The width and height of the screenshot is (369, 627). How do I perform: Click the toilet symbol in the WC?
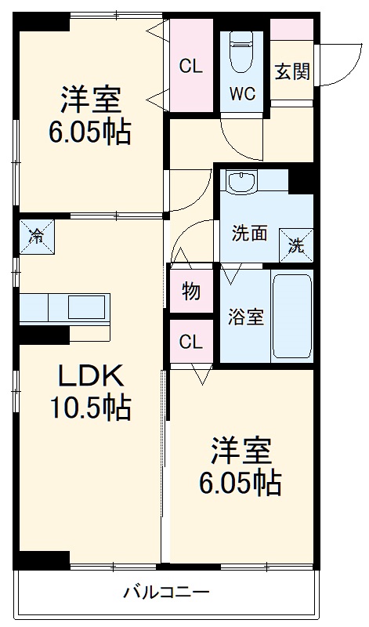241,52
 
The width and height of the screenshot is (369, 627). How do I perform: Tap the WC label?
242,94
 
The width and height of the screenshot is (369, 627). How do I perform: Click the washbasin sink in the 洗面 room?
241,182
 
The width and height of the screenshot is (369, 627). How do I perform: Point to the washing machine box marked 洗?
296,245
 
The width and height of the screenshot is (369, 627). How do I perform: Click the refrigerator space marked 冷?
37,237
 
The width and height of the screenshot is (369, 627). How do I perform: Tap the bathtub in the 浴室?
292,316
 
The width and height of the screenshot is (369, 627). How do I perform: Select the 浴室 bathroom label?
246,317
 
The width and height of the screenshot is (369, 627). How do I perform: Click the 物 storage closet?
191,291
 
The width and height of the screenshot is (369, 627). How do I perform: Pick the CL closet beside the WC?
191,66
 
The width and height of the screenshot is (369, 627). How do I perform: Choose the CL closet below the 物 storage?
191,341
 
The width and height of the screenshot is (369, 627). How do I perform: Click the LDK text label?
91,376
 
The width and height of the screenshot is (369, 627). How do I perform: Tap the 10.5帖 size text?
91,407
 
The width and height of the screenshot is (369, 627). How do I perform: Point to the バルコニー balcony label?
166,592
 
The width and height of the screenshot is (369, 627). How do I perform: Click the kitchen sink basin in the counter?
86,307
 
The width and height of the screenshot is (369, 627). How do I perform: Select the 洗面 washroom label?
249,234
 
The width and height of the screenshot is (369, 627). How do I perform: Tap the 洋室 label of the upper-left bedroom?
91,100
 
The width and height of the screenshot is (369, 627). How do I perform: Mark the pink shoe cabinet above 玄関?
292,29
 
